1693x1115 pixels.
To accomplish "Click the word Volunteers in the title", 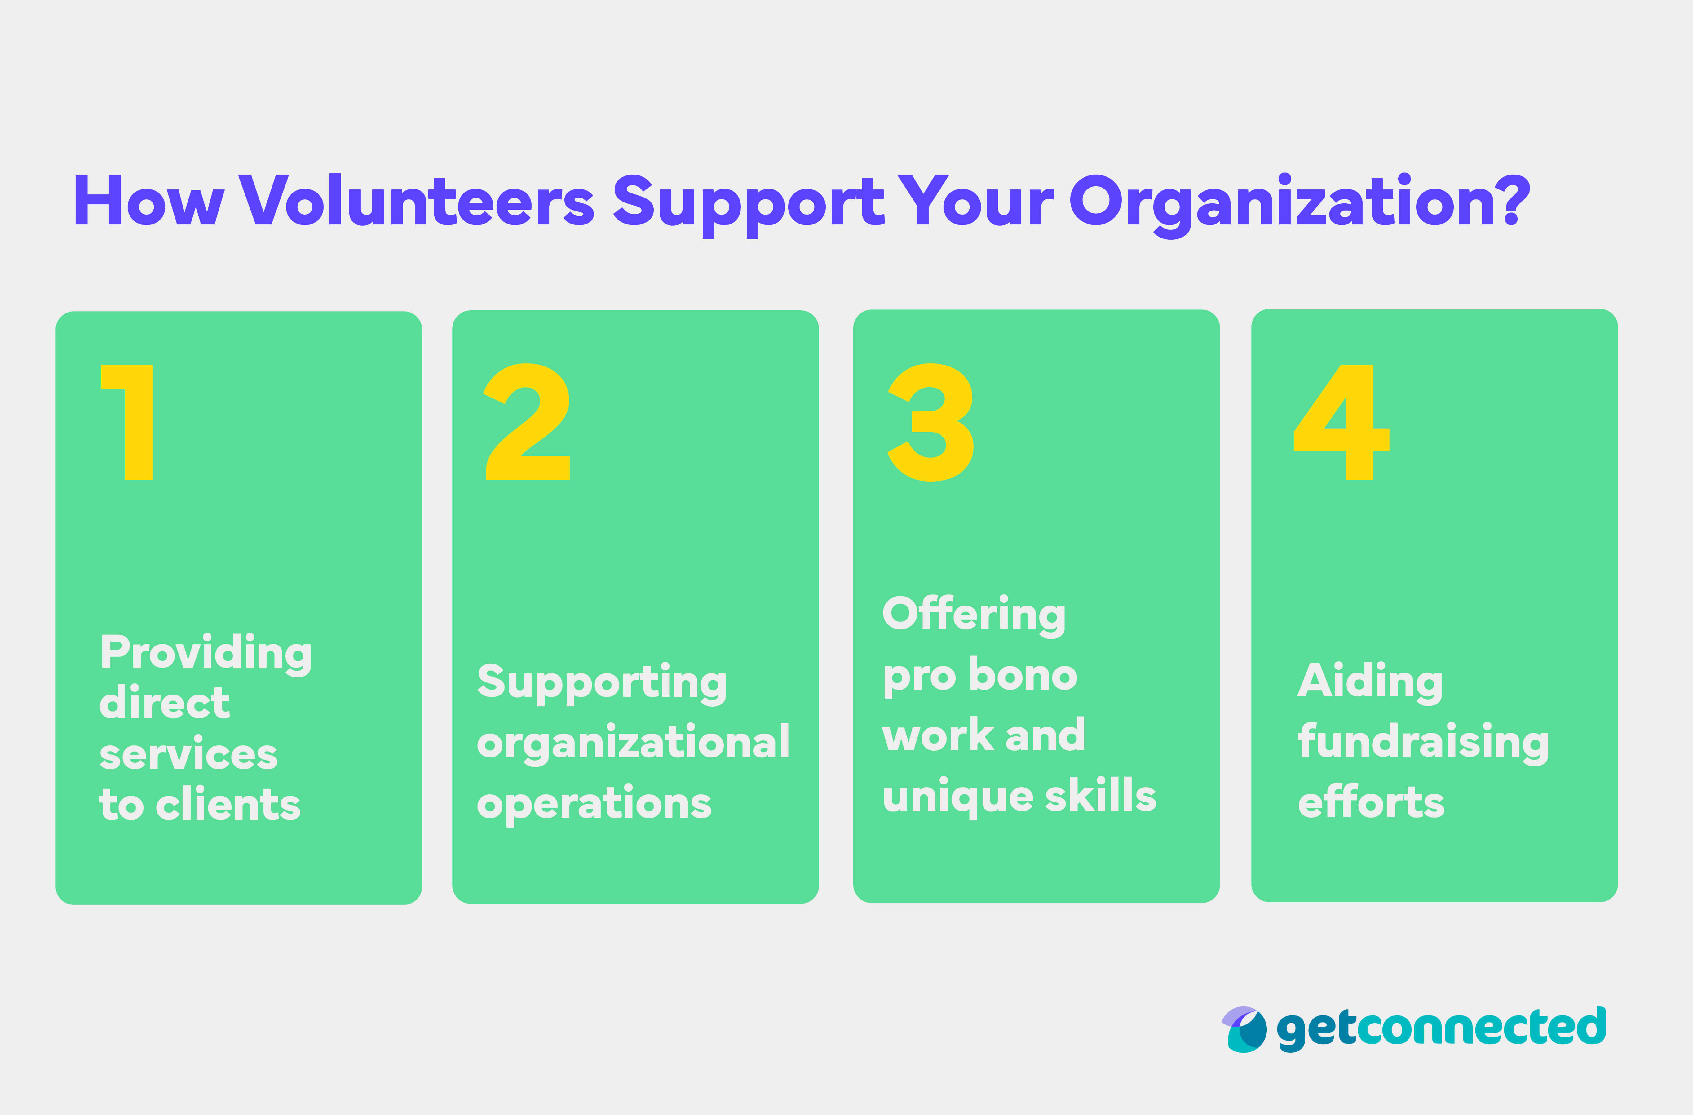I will (416, 201).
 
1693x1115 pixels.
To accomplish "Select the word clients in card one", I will (228, 805).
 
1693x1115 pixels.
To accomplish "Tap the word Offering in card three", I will (974, 614).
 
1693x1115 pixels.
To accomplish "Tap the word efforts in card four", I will (1371, 803).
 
